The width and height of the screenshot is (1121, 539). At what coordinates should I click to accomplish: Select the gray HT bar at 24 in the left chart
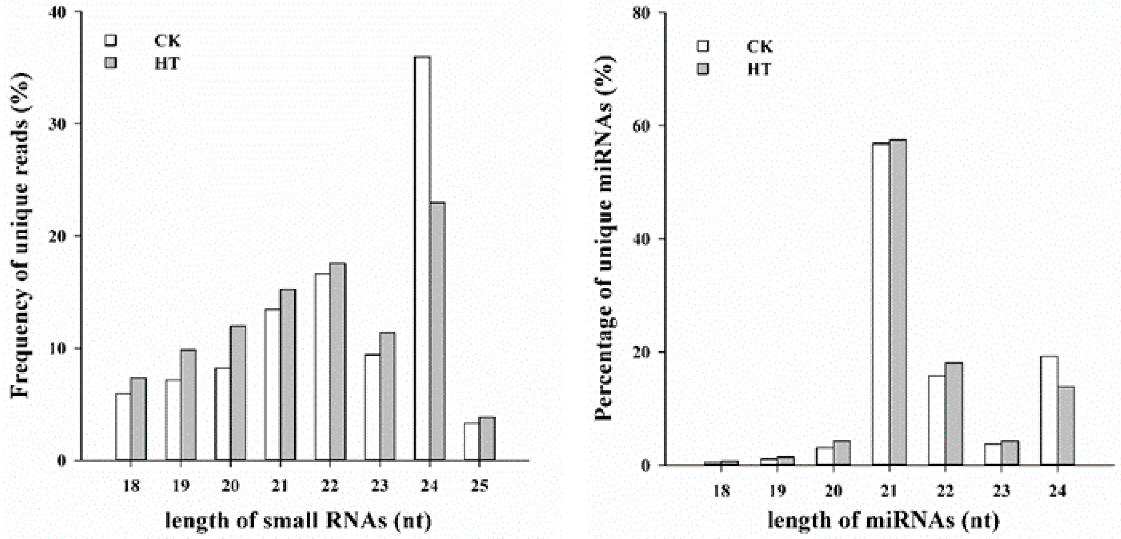[x=437, y=331]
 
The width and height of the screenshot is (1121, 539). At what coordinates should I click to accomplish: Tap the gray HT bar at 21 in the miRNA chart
[x=898, y=303]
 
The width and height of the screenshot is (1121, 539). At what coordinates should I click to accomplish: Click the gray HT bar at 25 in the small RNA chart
[x=487, y=438]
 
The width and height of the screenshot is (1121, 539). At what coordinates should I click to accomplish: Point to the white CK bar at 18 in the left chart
[x=123, y=427]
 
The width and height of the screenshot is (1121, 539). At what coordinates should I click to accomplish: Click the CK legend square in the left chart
[x=110, y=40]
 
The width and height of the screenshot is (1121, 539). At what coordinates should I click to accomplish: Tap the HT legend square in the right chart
[x=702, y=69]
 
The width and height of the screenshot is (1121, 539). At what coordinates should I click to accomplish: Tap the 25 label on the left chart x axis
[x=479, y=486]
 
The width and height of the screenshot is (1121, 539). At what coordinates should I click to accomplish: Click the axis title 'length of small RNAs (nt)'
[x=298, y=521]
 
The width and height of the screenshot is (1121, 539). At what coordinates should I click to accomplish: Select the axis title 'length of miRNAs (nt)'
[x=883, y=521]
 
